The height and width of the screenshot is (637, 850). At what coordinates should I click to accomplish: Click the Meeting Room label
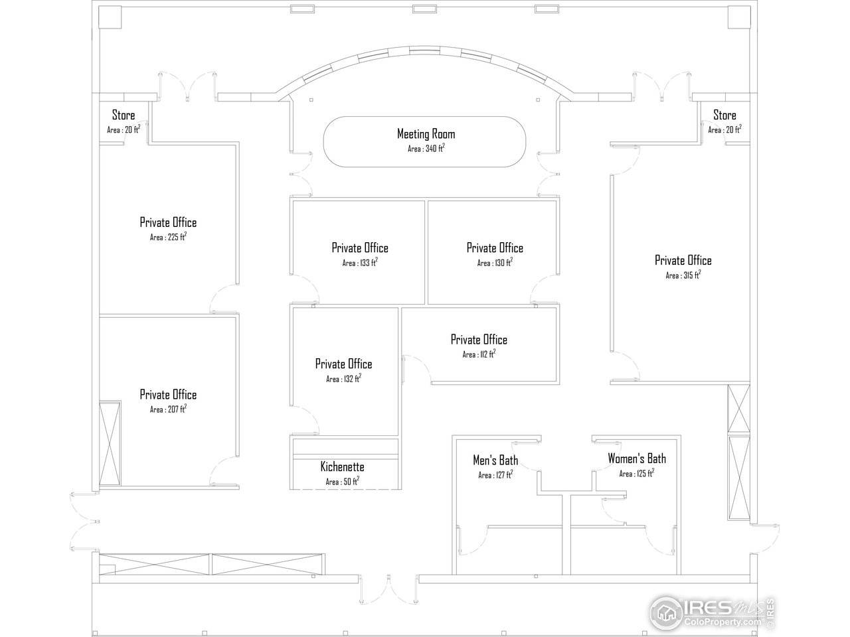point(426,134)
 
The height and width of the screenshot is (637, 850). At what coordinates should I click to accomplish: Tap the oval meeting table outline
point(424,117)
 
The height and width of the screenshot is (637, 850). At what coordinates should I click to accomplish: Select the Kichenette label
point(342,466)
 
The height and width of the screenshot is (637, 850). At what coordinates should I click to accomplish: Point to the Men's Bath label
point(495,460)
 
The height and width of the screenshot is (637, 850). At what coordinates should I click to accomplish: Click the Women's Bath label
point(637,459)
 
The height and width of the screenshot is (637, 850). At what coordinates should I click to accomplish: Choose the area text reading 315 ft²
point(683,275)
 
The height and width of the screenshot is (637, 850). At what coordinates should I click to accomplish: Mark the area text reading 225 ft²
point(169,237)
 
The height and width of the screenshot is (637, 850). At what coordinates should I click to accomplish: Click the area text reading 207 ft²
point(169,409)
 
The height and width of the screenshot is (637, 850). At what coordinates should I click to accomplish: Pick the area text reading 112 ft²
point(479,354)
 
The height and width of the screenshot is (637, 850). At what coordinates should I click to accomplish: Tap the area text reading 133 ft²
point(360,263)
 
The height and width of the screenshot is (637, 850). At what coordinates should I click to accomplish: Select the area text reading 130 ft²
point(495,263)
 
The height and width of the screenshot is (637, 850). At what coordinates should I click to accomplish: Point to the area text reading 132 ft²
point(344,378)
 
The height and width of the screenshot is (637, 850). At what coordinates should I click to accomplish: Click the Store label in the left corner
point(124,115)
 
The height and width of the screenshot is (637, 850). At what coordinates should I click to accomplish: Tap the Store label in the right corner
point(724,115)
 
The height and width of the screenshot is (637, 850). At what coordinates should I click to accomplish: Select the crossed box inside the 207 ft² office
point(110,443)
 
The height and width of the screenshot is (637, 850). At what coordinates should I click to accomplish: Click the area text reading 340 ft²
point(426,148)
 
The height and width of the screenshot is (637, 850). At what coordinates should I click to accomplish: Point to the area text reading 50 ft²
point(342,481)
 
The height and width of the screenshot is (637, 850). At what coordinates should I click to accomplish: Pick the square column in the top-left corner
point(110,17)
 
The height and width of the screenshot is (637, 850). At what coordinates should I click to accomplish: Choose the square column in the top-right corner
point(739,17)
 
